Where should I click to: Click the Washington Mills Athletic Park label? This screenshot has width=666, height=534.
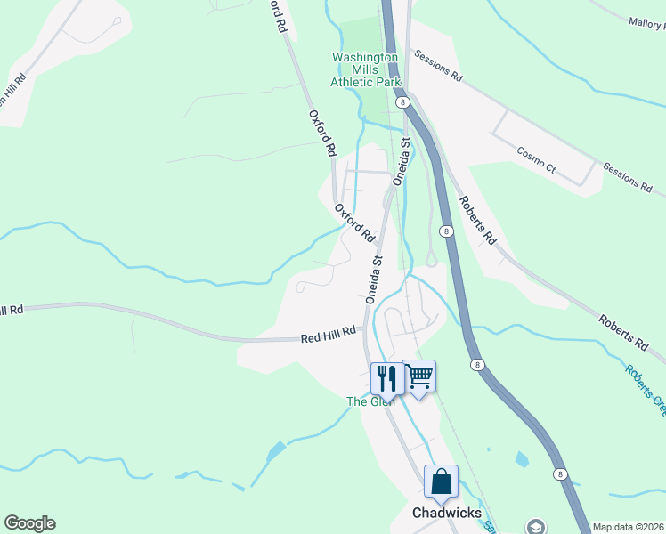pyautogui.click(x=365, y=69)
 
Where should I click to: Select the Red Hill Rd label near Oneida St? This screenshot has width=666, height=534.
pyautogui.click(x=329, y=335)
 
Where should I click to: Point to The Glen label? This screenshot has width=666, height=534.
pyautogui.click(x=370, y=401)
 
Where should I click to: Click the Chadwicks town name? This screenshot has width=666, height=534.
pyautogui.click(x=447, y=513)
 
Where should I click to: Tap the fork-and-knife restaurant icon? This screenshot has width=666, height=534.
pyautogui.click(x=387, y=377)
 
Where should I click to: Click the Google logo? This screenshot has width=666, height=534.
pyautogui.click(x=29, y=523)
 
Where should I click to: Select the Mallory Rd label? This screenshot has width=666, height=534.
pyautogui.click(x=646, y=22)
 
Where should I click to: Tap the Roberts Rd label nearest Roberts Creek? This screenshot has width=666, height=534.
pyautogui.click(x=622, y=330)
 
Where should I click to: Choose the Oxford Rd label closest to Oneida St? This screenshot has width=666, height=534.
pyautogui.click(x=353, y=222)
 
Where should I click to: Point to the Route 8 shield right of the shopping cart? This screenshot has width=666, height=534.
pyautogui.click(x=477, y=365)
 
